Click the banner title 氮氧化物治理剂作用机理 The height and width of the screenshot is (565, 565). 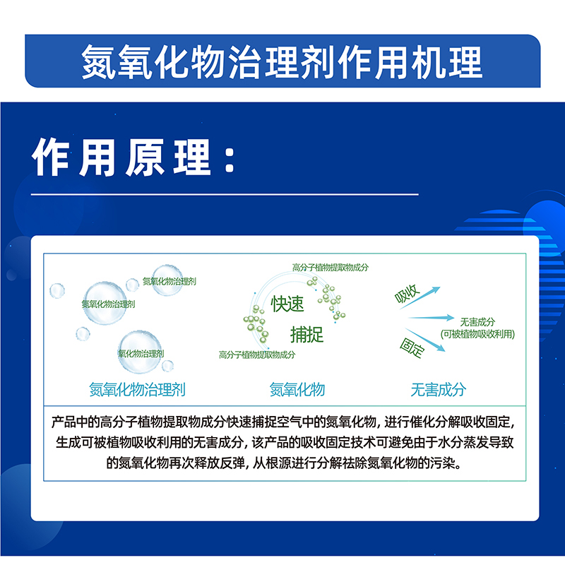[x=282, y=62]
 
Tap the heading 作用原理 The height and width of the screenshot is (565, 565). [x=121, y=157]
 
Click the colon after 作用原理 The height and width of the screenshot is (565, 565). [x=230, y=158]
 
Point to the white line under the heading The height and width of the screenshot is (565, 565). [x=225, y=195]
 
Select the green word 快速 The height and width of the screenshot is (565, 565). [x=287, y=304]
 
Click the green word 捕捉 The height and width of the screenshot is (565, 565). [x=307, y=334]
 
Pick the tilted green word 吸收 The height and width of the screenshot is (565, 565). [x=407, y=294]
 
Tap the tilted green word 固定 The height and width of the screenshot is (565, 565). [x=412, y=347]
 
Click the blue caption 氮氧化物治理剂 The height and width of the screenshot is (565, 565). [x=137, y=390]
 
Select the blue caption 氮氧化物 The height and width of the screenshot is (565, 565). [x=297, y=390]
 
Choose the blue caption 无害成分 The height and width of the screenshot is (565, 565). [x=438, y=390]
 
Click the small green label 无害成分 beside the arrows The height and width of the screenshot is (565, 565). [x=477, y=321]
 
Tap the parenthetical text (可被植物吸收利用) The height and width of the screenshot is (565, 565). [x=477, y=334]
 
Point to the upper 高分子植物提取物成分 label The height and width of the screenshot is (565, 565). [x=331, y=268]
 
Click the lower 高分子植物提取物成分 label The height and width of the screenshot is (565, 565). [x=257, y=355]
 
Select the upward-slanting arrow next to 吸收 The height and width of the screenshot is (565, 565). [x=420, y=297]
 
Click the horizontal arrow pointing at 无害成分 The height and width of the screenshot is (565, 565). [x=431, y=317]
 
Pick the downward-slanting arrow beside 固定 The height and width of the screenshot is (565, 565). [x=425, y=340]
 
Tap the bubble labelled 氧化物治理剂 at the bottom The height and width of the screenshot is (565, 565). [x=140, y=352]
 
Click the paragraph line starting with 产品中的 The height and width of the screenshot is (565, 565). [x=283, y=422]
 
